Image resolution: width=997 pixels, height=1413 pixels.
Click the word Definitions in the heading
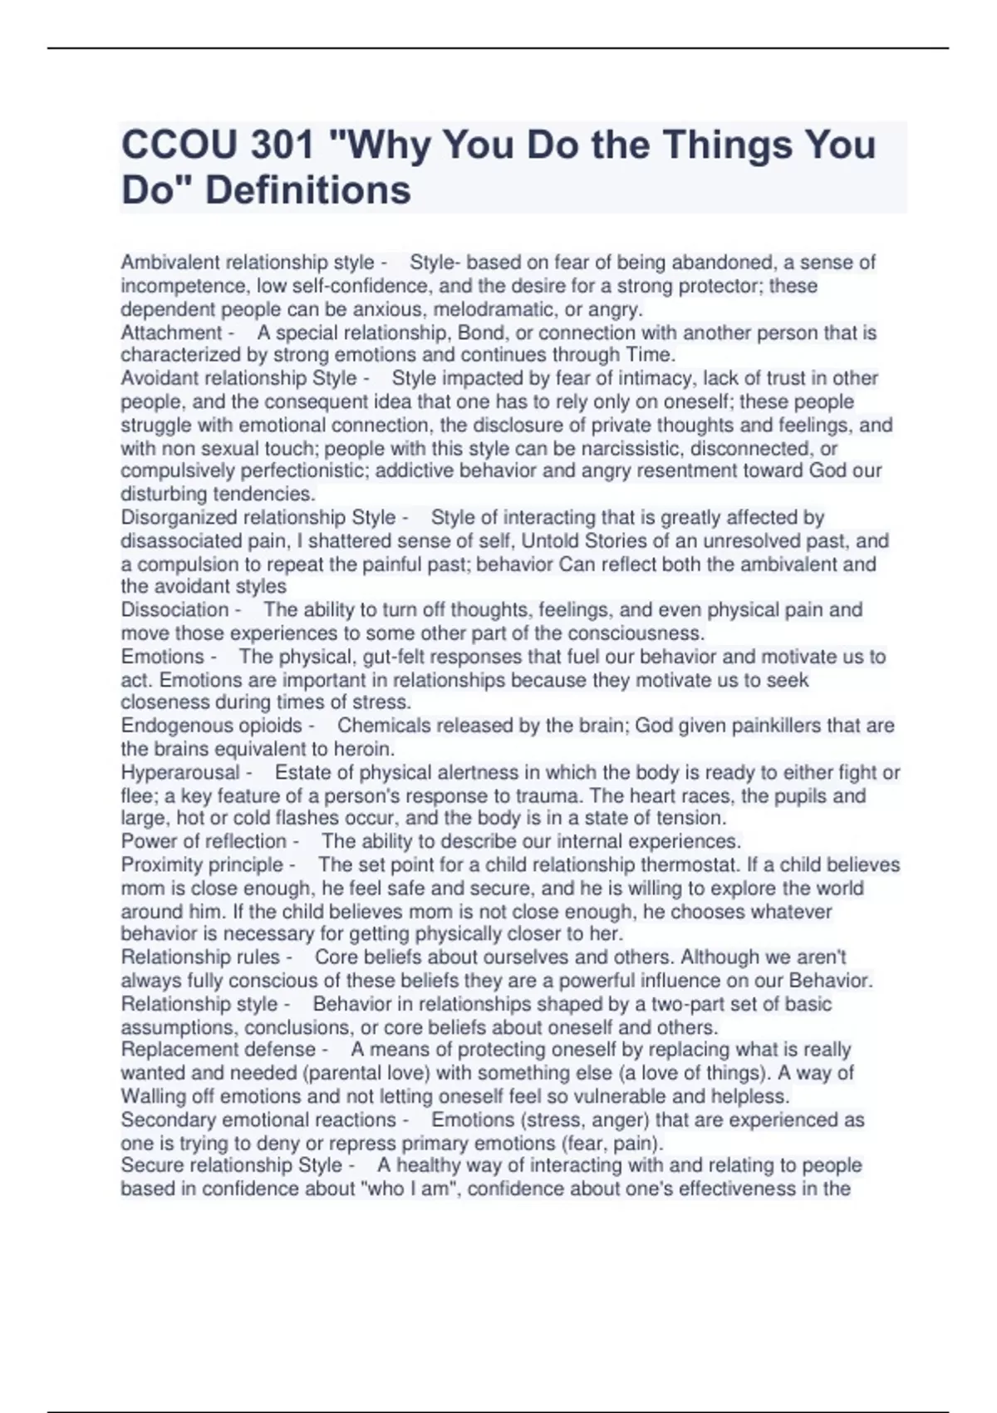click(x=307, y=190)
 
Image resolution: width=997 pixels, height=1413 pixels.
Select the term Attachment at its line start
click(x=171, y=333)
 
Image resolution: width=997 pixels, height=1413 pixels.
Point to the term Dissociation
click(x=174, y=610)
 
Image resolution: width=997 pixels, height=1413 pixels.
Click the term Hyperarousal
click(x=179, y=773)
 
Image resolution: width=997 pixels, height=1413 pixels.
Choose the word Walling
click(x=154, y=1096)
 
